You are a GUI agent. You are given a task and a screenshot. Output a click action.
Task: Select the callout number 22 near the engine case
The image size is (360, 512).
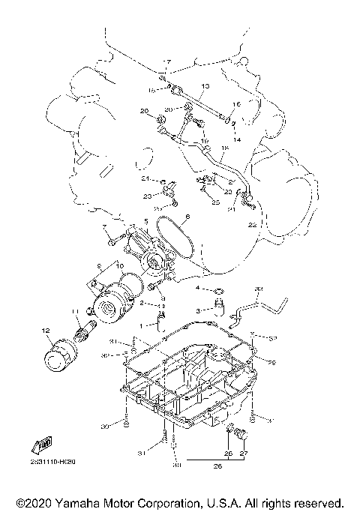252,224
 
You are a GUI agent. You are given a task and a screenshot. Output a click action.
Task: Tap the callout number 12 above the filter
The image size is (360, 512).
44,331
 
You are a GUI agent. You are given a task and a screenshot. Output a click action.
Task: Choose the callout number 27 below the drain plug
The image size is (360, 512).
243,454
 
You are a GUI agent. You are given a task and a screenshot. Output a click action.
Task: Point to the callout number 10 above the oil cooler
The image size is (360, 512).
119,265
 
